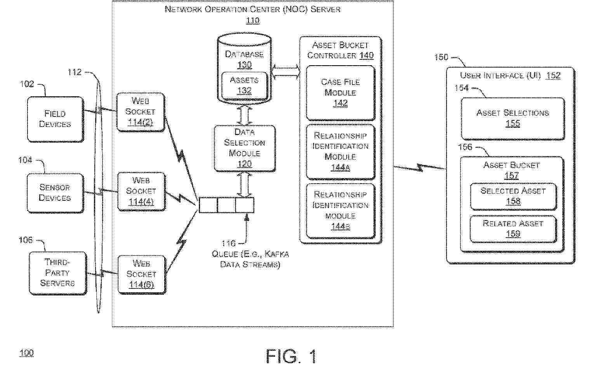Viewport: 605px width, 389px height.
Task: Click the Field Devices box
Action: pyautogui.click(x=55, y=119)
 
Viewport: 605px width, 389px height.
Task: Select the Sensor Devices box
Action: pyautogui.click(x=55, y=193)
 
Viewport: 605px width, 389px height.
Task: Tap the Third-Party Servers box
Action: pyautogui.click(x=57, y=273)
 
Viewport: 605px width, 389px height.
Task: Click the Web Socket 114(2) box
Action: pyautogui.click(x=140, y=112)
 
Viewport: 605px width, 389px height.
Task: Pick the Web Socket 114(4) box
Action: pyautogui.click(x=141, y=191)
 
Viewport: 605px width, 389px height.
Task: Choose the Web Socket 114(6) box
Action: pyautogui.click(x=141, y=274)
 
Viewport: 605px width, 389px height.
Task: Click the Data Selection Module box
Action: pyautogui.click(x=245, y=148)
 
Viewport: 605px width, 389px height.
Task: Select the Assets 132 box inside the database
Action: pyautogui.click(x=244, y=85)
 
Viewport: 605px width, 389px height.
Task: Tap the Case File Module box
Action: pyautogui.click(x=341, y=92)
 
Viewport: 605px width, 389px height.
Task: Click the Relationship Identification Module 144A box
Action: pyautogui.click(x=341, y=151)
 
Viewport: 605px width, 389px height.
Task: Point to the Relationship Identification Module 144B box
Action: pyautogui.click(x=341, y=210)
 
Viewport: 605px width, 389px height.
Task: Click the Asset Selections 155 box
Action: pyautogui.click(x=513, y=118)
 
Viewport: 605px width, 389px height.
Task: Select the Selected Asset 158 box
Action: pyautogui.click(x=513, y=196)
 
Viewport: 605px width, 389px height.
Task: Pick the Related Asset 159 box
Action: pyautogui.click(x=513, y=229)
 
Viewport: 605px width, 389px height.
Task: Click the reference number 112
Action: pyautogui.click(x=75, y=72)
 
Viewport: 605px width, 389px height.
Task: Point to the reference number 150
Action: pyautogui.click(x=441, y=57)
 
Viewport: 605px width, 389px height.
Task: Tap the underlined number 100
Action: pyautogui.click(x=26, y=353)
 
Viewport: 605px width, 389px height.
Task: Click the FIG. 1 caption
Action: pyautogui.click(x=291, y=356)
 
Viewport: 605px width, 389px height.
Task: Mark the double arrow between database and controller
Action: pyautogui.click(x=285, y=71)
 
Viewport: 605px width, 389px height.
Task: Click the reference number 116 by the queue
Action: pyautogui.click(x=228, y=243)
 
